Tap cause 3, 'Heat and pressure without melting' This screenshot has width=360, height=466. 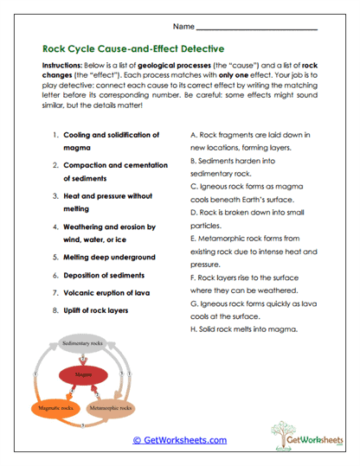coord(107,202)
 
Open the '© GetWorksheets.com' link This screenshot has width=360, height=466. coord(179,439)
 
